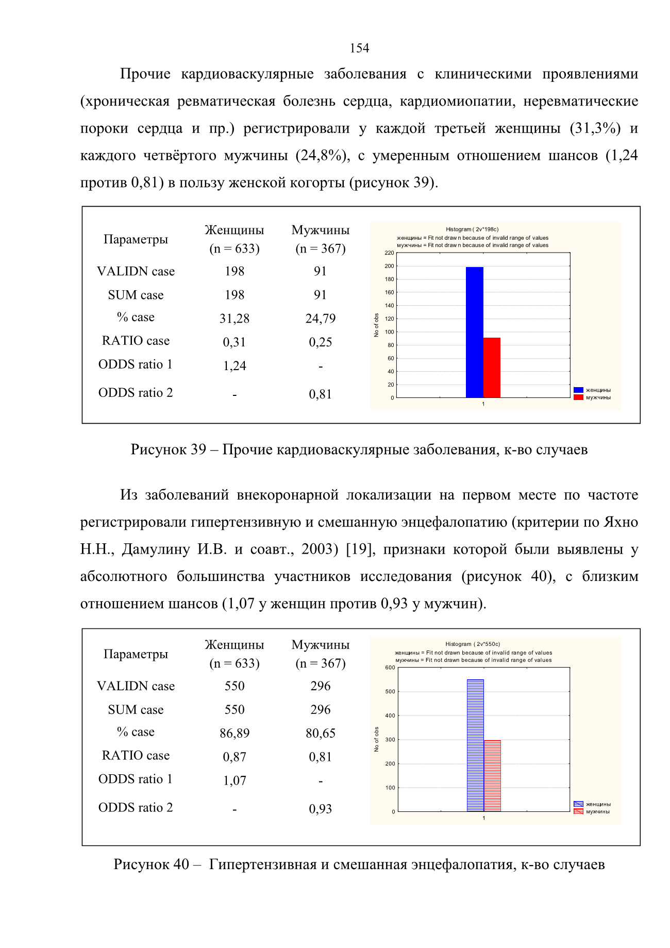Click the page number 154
pos(359,48)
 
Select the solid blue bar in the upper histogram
pos(475,332)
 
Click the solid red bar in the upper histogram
pos(492,368)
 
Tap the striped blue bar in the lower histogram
pos(475,745)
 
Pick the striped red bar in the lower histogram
pos(492,776)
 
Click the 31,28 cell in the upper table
pos(234,319)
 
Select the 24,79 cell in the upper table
pos(321,319)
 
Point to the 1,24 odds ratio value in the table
pos(234,366)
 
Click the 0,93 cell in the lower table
pos(321,809)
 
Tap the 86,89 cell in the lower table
pos(234,733)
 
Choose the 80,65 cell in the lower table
pos(321,733)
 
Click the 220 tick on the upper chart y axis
pos(389,253)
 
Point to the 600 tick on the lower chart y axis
pos(390,668)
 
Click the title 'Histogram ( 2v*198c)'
pos(472,229)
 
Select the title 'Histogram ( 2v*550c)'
pos(473,644)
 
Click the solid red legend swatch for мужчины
pos(578,397)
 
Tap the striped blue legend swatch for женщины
pos(578,804)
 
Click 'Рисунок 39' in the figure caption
pos(169,450)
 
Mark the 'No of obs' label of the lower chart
pos(377,739)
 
